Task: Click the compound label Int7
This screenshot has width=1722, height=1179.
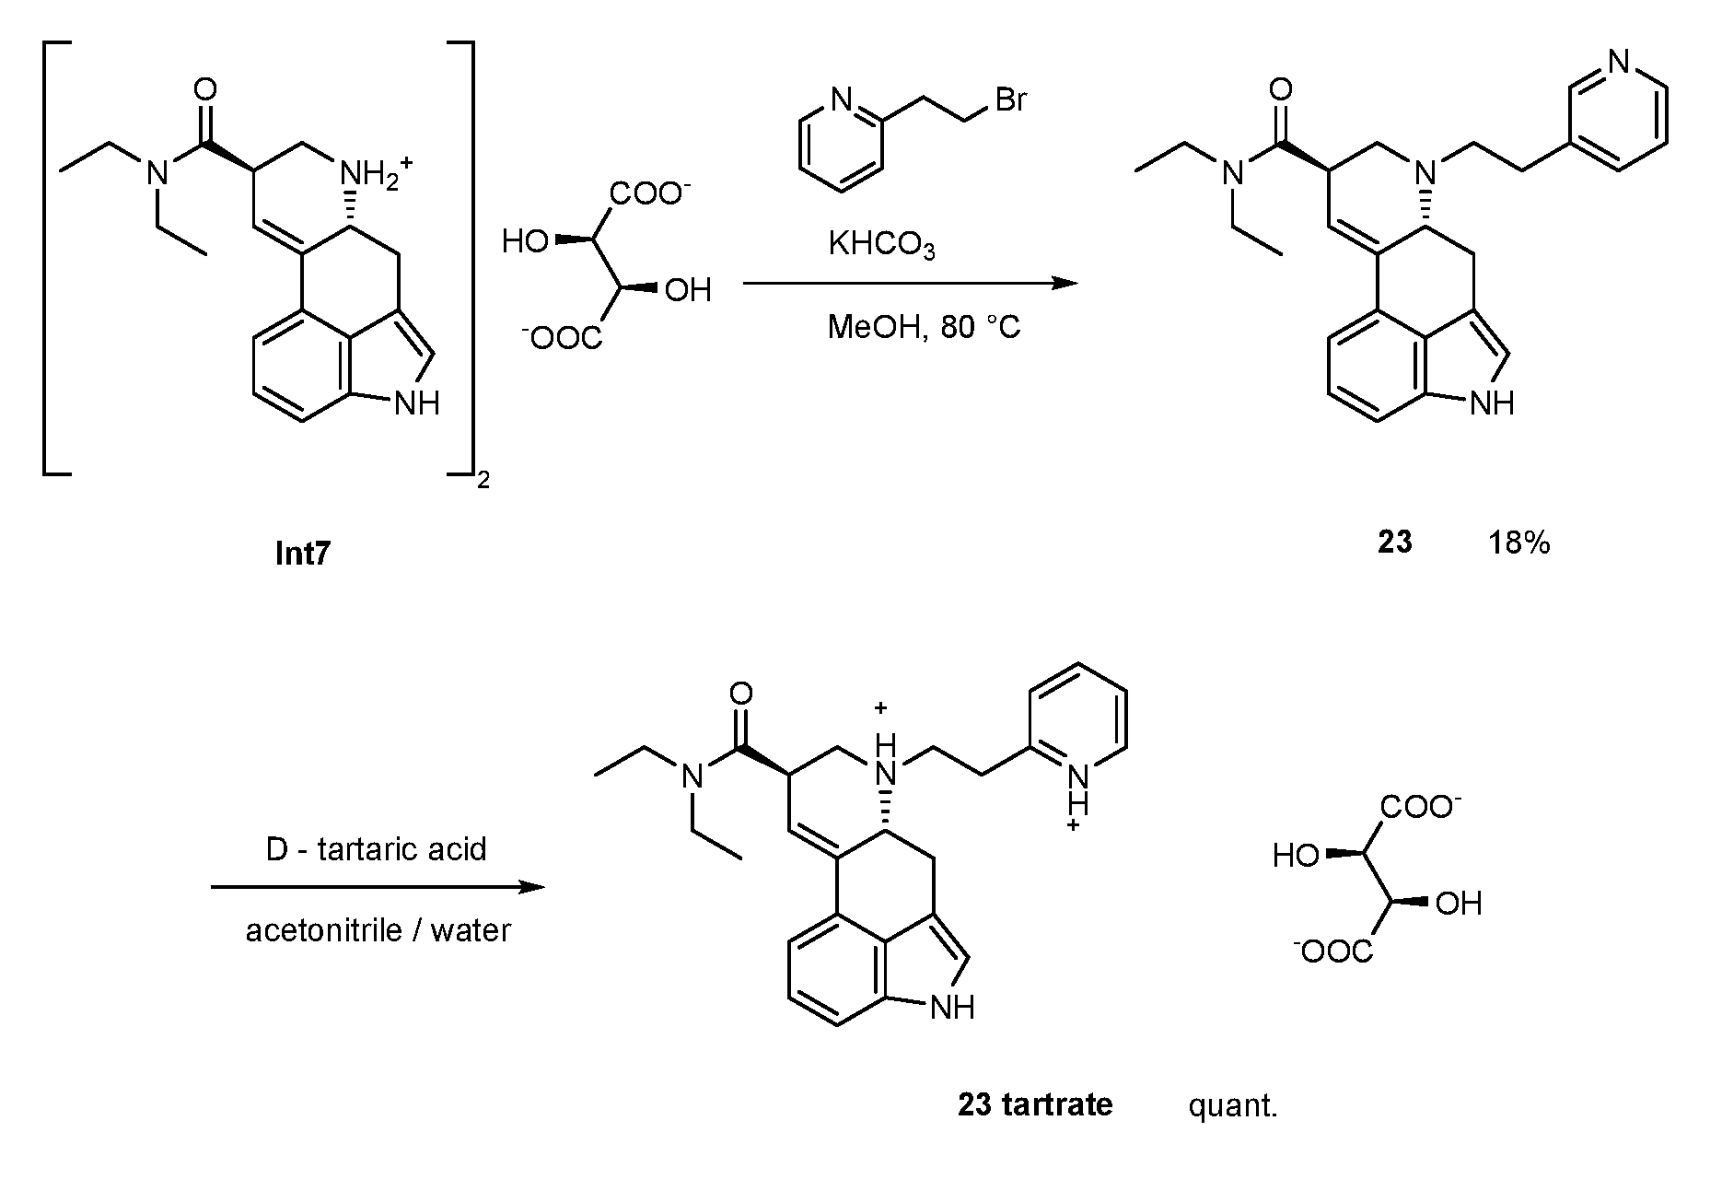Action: pyautogui.click(x=302, y=554)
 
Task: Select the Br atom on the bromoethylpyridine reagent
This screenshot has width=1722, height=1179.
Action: pyautogui.click(x=1010, y=99)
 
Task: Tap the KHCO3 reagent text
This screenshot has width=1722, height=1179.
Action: pyautogui.click(x=881, y=245)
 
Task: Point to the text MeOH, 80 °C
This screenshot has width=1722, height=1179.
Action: pyautogui.click(x=924, y=327)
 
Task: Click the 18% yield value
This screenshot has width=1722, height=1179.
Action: pyautogui.click(x=1519, y=543)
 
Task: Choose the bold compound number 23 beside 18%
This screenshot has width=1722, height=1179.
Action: pyautogui.click(x=1394, y=543)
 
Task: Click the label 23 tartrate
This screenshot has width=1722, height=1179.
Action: pyautogui.click(x=1035, y=1103)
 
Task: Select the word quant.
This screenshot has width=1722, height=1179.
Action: pyautogui.click(x=1233, y=1104)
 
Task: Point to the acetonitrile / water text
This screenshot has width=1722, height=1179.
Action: pyautogui.click(x=378, y=930)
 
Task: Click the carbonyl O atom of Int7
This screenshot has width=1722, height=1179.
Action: pyautogui.click(x=207, y=89)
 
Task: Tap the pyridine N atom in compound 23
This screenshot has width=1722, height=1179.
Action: pyautogui.click(x=1620, y=62)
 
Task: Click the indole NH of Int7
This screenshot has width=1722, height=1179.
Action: pyautogui.click(x=416, y=403)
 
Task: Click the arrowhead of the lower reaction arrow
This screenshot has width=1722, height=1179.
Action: pyautogui.click(x=531, y=888)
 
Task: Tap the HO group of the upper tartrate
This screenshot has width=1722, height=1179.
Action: pyautogui.click(x=526, y=243)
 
